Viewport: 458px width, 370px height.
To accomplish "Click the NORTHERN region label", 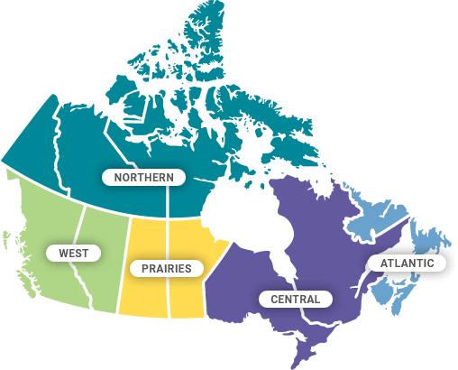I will pyautogui.click(x=144, y=177).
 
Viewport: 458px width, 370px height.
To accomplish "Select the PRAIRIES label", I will pyautogui.click(x=167, y=268).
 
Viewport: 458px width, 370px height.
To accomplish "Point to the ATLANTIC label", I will pyautogui.click(x=407, y=264).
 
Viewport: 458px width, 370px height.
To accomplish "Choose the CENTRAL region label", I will pyautogui.click(x=295, y=299).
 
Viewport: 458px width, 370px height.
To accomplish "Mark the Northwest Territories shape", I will pyautogui.click(x=99, y=144).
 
